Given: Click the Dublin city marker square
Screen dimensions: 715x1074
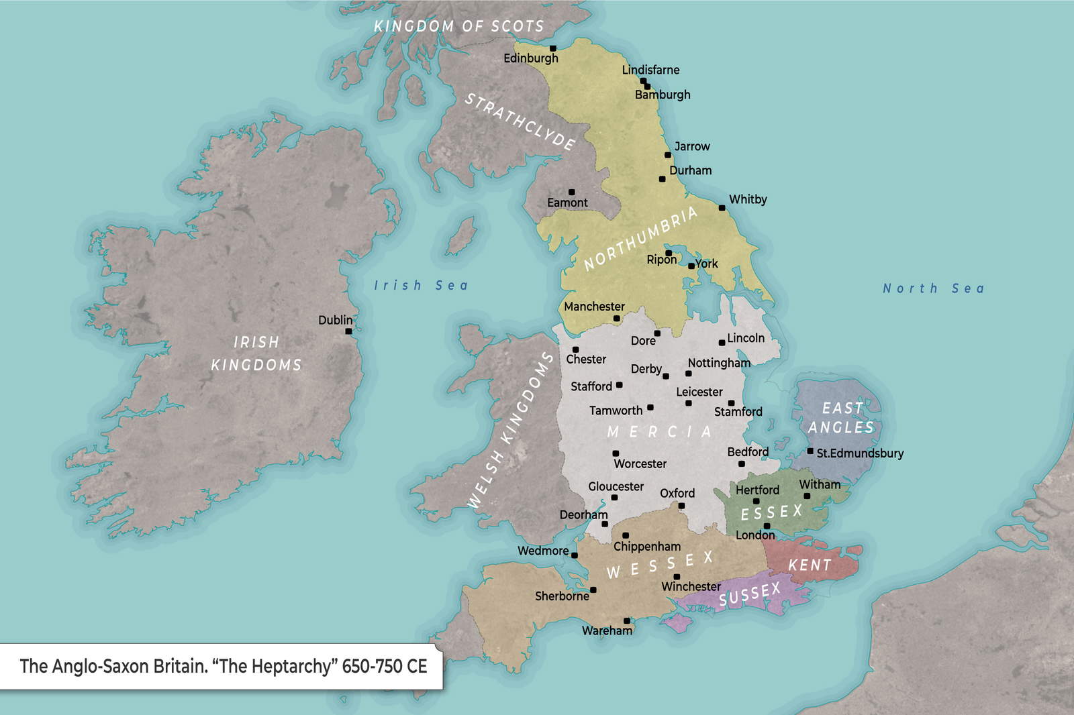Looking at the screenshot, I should point(348,331).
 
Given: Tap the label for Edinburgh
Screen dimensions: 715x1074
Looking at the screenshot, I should point(530,58).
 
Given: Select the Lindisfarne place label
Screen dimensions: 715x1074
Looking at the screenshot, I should point(650,70).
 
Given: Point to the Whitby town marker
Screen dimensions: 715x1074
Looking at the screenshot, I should point(722,208).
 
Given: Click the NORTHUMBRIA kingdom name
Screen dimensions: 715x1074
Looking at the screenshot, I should point(641,238).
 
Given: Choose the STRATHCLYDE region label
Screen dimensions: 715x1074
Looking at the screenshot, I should point(520,121).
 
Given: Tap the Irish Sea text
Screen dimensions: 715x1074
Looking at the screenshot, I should point(421,286).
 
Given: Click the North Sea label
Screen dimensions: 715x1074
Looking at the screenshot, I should point(933,288).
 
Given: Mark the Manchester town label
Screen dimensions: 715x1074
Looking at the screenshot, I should point(594,307).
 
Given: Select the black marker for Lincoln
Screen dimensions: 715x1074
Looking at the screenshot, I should point(722,343).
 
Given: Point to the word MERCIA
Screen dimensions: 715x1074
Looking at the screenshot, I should point(659,432).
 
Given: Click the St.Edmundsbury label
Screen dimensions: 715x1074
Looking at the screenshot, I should point(860,453).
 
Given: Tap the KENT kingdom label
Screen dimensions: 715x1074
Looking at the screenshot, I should point(810,565).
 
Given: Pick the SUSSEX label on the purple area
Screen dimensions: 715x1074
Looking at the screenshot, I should point(750,594).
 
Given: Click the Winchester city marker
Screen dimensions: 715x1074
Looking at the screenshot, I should point(677,577).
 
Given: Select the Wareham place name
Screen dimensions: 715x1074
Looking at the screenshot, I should point(607,630).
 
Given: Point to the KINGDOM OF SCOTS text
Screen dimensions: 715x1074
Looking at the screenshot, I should point(458,27).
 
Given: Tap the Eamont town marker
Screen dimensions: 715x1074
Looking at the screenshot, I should point(572,192).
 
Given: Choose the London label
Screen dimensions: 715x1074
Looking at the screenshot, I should point(755,535).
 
